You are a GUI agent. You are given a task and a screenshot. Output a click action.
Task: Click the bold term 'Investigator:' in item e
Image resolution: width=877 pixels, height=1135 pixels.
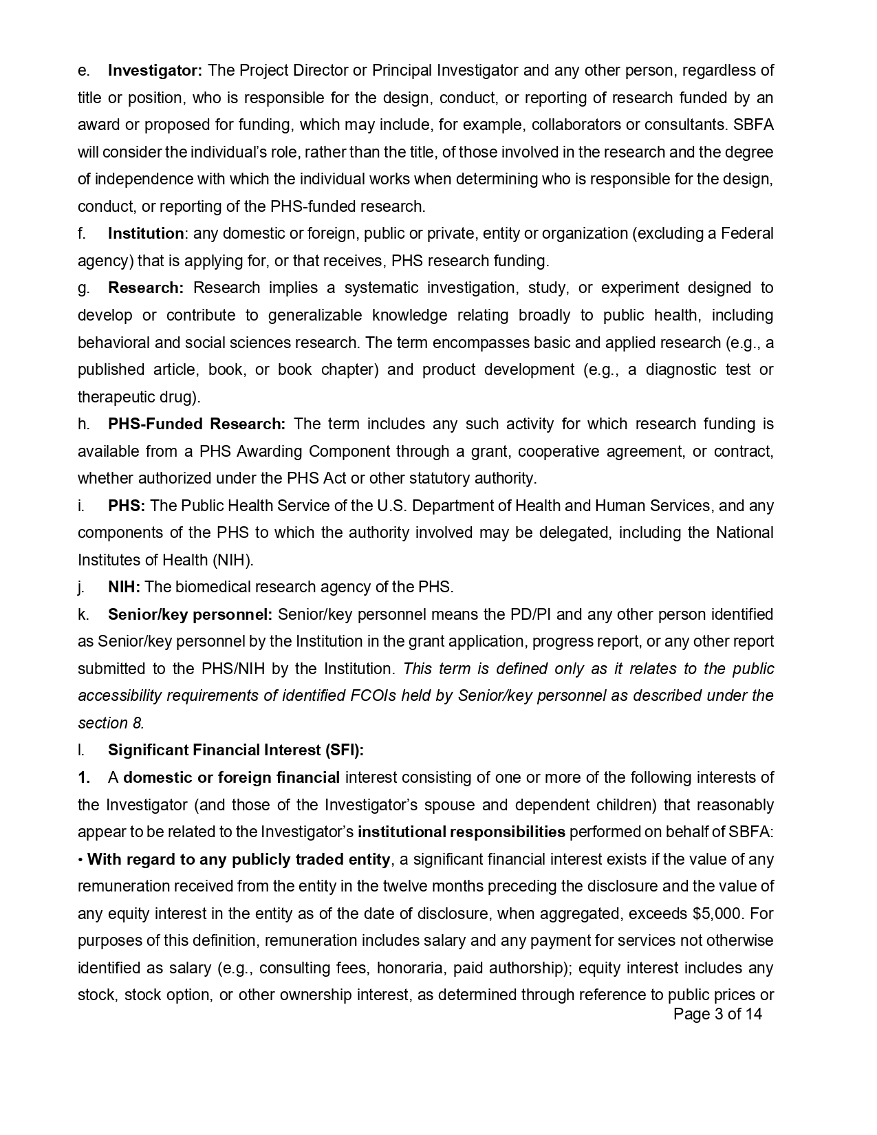[155, 70]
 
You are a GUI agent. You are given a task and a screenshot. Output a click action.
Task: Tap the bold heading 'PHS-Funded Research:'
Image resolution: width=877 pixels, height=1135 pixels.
[196, 424]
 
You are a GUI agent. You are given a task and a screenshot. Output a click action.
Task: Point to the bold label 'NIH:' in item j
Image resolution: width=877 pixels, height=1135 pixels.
[124, 587]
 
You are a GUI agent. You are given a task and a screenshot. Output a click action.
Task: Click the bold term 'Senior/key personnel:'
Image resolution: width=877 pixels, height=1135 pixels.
[190, 614]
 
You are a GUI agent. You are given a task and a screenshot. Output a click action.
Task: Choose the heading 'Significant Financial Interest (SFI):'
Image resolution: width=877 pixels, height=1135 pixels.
[235, 750]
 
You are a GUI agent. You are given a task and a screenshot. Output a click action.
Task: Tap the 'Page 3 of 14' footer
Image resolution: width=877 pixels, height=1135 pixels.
[717, 1014]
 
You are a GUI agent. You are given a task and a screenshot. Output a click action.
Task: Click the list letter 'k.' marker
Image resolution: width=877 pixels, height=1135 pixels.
[82, 614]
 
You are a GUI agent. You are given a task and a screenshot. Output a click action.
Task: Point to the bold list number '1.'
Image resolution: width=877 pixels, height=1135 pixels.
[84, 777]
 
